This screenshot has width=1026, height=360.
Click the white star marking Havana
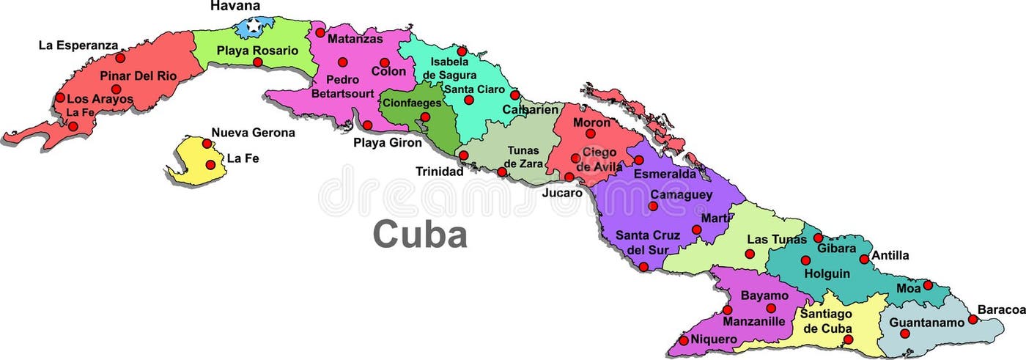click(x=254, y=26)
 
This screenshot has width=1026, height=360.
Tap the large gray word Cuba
click(x=420, y=235)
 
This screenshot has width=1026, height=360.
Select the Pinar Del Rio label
click(x=139, y=75)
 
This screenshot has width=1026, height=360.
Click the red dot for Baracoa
click(x=973, y=319)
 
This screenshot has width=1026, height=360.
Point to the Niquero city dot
click(x=684, y=340)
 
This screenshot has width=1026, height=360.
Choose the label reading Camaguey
click(x=682, y=195)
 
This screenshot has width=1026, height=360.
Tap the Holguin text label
click(x=827, y=273)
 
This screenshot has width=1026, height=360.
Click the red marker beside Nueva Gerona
click(x=207, y=144)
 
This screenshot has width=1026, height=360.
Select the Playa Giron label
click(x=388, y=142)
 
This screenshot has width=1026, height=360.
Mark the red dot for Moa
click(x=927, y=285)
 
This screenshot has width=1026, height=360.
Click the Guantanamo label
click(x=926, y=322)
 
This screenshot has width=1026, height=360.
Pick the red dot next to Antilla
click(x=864, y=259)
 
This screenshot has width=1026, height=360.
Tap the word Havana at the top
click(x=235, y=6)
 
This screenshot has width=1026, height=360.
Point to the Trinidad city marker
click(x=463, y=155)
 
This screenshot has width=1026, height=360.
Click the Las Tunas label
click(x=776, y=240)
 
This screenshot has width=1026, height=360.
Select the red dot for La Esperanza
click(x=120, y=57)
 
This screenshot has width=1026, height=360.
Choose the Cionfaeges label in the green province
click(x=413, y=103)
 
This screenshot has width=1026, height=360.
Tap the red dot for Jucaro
click(x=569, y=177)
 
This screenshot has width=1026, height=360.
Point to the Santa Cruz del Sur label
click(x=648, y=242)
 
